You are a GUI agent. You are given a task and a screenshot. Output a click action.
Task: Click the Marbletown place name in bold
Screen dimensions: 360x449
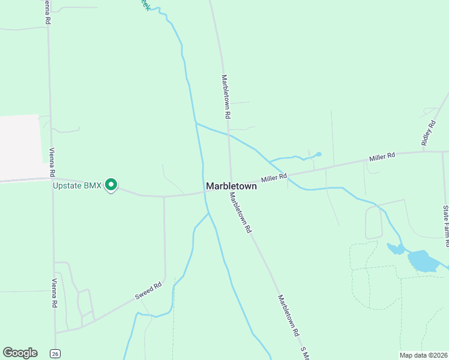[231, 186]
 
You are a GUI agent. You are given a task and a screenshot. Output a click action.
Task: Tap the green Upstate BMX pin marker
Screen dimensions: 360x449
[111, 185]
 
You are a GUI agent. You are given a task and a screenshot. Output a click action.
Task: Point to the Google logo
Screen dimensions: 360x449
[20, 353]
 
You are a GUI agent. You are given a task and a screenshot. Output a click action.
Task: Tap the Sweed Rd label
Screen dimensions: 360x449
[148, 292]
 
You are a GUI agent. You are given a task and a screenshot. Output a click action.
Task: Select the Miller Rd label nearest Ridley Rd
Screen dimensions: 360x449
[382, 157]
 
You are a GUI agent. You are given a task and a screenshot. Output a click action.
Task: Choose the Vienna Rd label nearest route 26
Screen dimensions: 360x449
[54, 293]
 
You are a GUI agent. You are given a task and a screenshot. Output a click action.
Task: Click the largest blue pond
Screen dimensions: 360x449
[425, 261]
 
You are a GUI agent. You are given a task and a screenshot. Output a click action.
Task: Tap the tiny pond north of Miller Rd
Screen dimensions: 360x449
[318, 154]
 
